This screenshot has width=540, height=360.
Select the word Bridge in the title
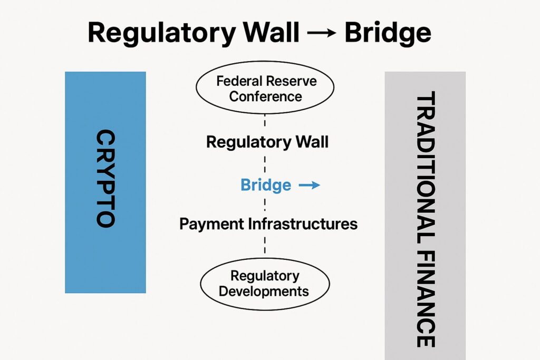pos(388,33)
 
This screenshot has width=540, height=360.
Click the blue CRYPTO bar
pos(105,253)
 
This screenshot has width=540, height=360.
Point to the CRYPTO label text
pos(105,179)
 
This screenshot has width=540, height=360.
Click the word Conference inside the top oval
pos(265,96)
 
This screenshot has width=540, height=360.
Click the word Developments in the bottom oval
pos(264,291)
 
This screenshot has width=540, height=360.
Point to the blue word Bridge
pos(265,185)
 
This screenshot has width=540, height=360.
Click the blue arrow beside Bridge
pos(309,185)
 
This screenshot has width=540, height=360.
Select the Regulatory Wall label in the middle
pos(267,142)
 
